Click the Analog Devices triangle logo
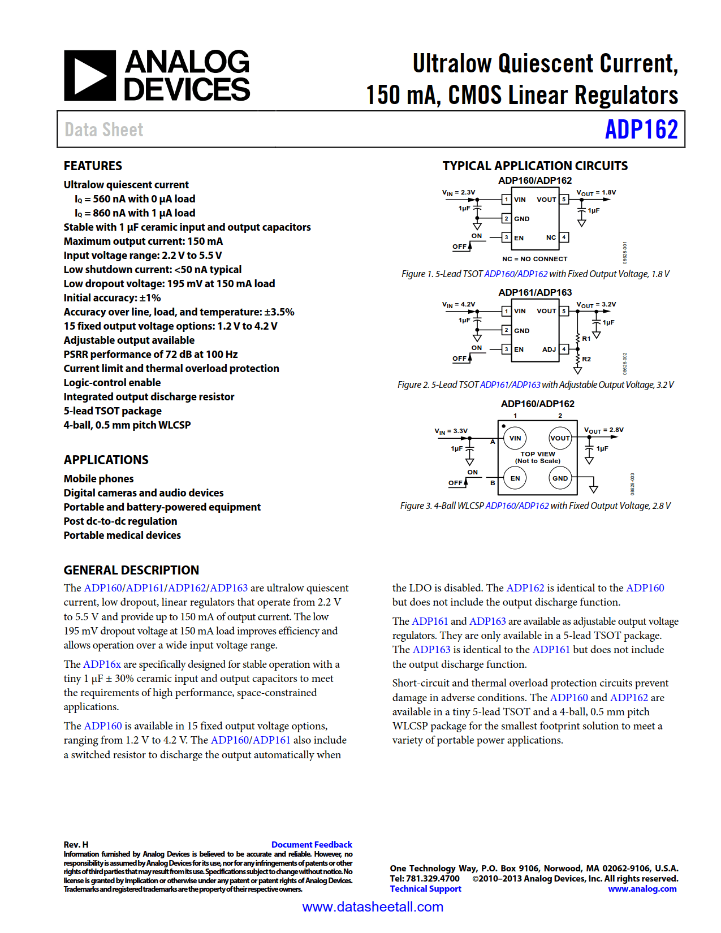pos(90,76)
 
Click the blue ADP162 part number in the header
pos(641,129)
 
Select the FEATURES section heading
pos(93,166)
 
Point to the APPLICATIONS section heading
pos(106,460)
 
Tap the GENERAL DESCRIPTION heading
pos(131,570)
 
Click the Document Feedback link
pos(312,845)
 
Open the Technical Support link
pos(425,889)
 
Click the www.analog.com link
pos(642,889)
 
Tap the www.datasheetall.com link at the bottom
pos(373,907)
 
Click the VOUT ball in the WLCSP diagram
pos(560,438)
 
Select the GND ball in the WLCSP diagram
pos(560,478)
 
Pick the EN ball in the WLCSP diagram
pos(515,478)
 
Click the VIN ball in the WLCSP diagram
pos(515,438)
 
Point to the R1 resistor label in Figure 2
pos(586,339)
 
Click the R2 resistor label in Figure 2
pos(586,359)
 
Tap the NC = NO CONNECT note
pos(534,259)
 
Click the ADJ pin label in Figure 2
pos(549,349)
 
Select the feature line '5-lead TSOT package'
pos(113,411)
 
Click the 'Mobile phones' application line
pos(98,479)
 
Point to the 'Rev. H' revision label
pos(76,845)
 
